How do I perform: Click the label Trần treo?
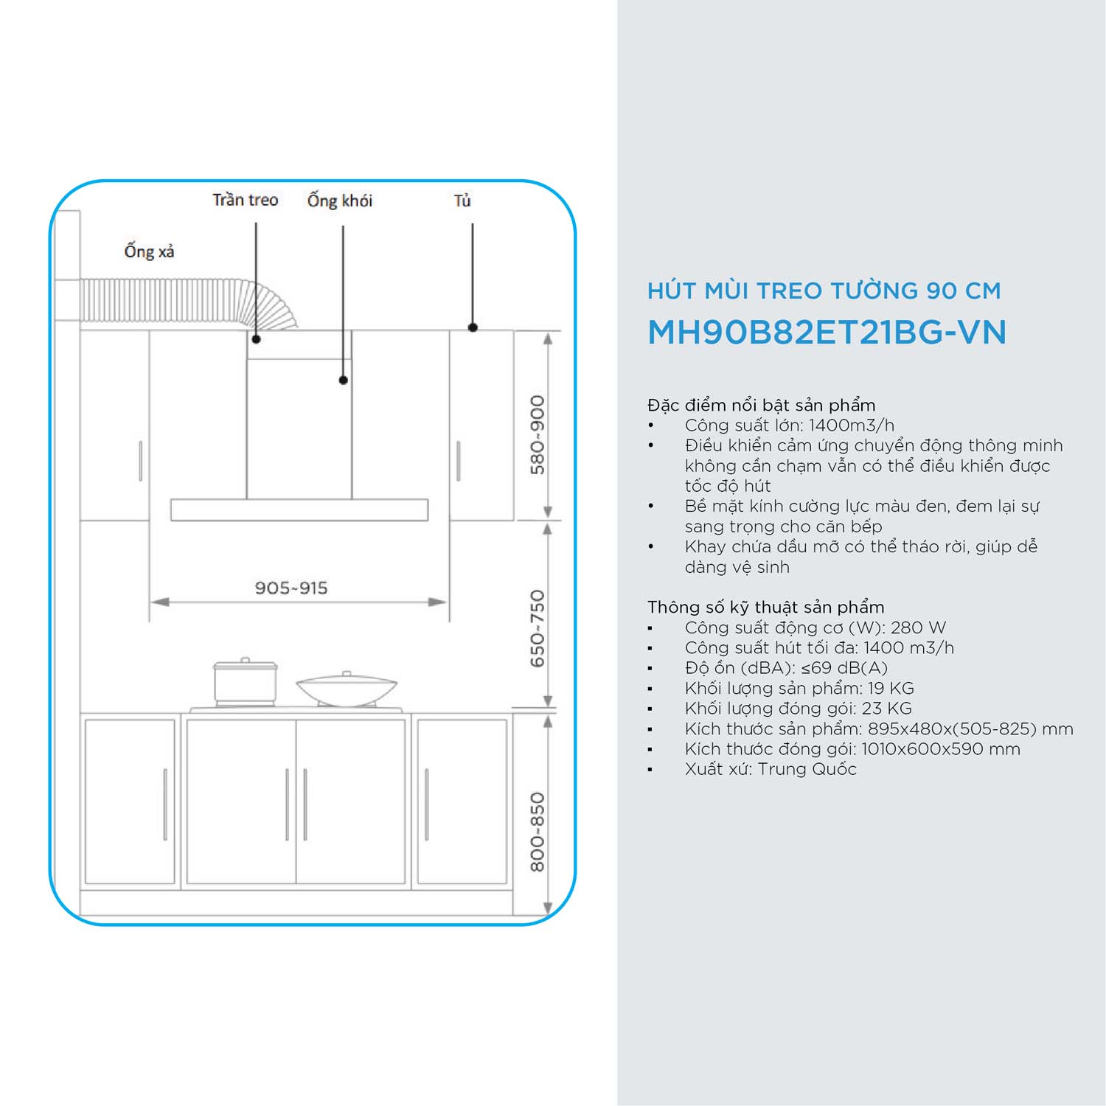tap(245, 200)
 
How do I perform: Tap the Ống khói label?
tap(340, 200)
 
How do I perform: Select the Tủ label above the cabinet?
tap(462, 200)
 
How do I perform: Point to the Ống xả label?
tap(149, 251)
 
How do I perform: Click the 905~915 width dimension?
tap(291, 588)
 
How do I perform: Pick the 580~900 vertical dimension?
tap(538, 435)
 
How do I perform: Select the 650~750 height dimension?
tap(538, 629)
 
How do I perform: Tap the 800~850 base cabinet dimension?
tap(538, 832)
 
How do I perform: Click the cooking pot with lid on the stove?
tap(245, 683)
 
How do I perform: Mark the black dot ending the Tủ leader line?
tap(473, 327)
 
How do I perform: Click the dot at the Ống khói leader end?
tap(343, 380)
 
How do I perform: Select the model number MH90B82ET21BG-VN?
tap(827, 333)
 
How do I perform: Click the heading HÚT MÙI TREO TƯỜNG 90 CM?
tap(824, 291)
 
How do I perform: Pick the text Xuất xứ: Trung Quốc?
tap(771, 769)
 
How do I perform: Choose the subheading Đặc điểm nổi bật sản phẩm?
tap(762, 405)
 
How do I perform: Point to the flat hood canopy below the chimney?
tap(299, 510)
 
